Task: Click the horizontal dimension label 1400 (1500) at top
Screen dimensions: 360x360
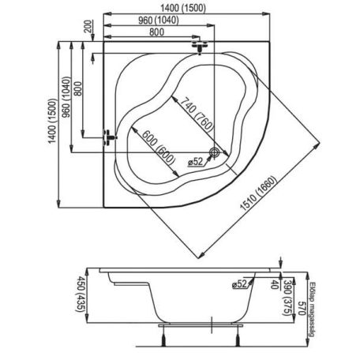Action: pyautogui.click(x=183, y=9)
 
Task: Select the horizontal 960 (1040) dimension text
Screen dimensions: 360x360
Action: pyautogui.click(x=159, y=21)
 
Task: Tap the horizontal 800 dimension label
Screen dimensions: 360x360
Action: pyautogui.click(x=156, y=32)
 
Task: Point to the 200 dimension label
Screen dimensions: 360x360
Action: pyautogui.click(x=88, y=26)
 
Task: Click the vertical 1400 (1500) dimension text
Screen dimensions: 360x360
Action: pyautogui.click(x=52, y=121)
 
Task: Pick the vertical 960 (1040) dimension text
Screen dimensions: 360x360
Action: pyautogui.click(x=66, y=97)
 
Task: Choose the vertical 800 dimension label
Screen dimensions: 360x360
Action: pyautogui.click(x=78, y=88)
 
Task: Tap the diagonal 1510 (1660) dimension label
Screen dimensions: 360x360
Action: pyautogui.click(x=258, y=193)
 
